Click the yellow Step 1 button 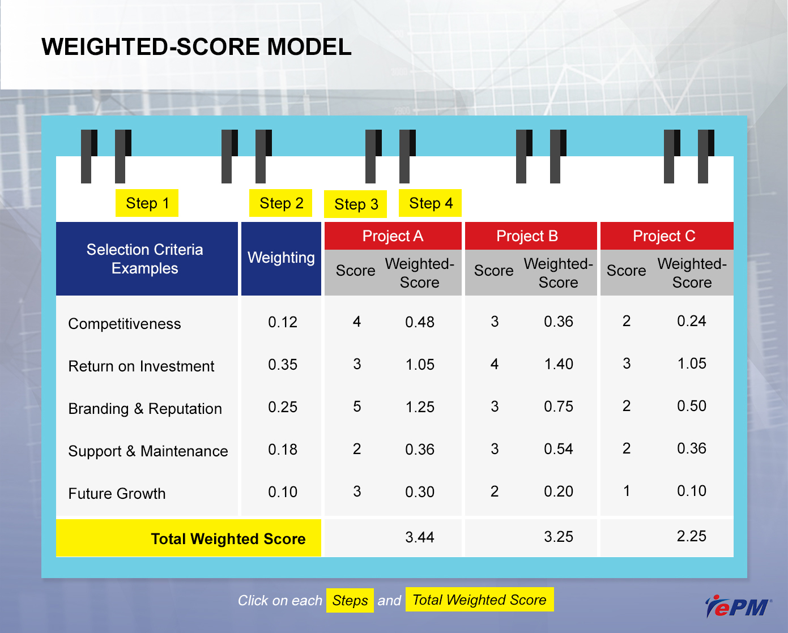pyautogui.click(x=147, y=203)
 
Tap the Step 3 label pyautogui.click(x=356, y=204)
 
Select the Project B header pyautogui.click(x=531, y=236)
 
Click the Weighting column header pyautogui.click(x=281, y=258)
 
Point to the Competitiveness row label pyautogui.click(x=125, y=324)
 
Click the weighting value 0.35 pyautogui.click(x=283, y=365)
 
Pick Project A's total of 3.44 pyautogui.click(x=420, y=537)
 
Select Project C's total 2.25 pyautogui.click(x=691, y=536)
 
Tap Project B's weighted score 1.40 pyautogui.click(x=559, y=364)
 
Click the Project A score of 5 pyautogui.click(x=357, y=407)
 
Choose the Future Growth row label pyautogui.click(x=117, y=494)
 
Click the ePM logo pyautogui.click(x=738, y=606)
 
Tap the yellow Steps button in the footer pyautogui.click(x=350, y=600)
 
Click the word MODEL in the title pyautogui.click(x=309, y=47)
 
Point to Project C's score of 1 pyautogui.click(x=627, y=490)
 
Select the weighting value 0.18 pyautogui.click(x=283, y=450)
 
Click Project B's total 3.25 pyautogui.click(x=559, y=537)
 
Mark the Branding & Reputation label pyautogui.click(x=145, y=409)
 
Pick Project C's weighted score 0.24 pyautogui.click(x=691, y=320)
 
